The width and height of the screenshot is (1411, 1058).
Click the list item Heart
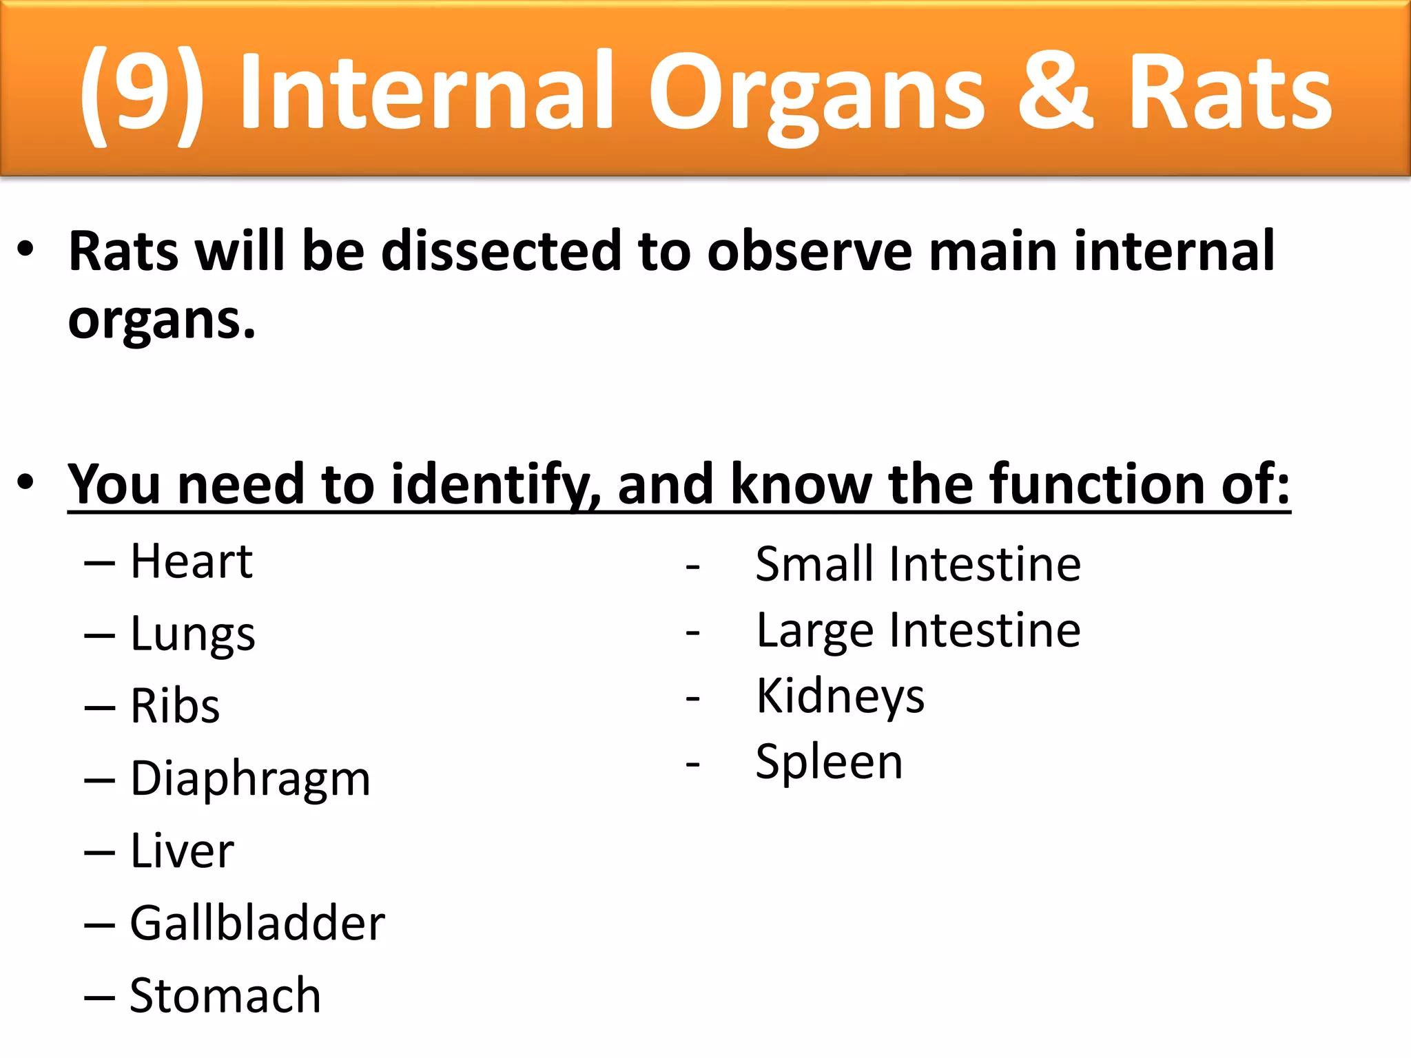[192, 561]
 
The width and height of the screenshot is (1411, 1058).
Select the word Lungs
[192, 634]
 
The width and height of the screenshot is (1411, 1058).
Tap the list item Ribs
[175, 707]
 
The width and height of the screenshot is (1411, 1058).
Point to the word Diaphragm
[250, 779]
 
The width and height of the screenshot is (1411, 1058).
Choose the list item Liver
[182, 851]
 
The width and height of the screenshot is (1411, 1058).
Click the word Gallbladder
[257, 924]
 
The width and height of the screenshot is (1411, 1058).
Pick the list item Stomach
[225, 996]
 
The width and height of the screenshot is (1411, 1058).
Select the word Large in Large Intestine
[815, 630]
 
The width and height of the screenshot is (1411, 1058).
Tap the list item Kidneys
[840, 696]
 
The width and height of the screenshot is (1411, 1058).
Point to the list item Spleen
[829, 763]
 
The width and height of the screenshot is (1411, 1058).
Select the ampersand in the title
[1055, 91]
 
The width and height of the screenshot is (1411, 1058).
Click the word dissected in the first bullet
[502, 251]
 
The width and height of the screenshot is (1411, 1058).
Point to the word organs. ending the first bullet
[162, 322]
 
